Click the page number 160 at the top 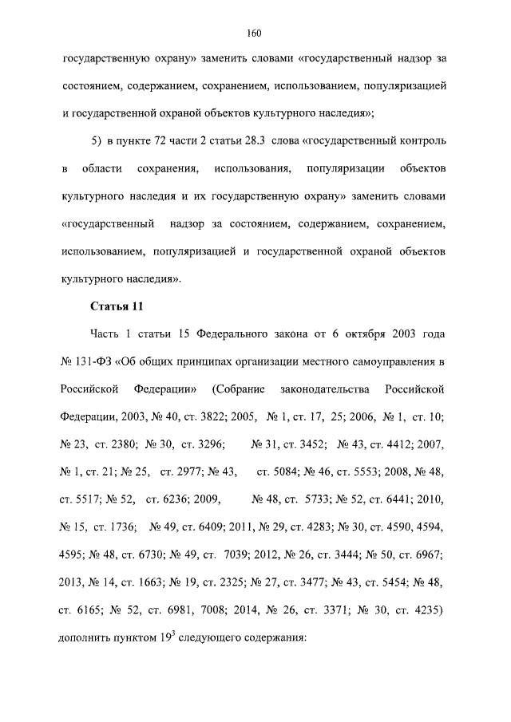[x=255, y=33]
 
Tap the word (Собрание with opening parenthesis [x=236, y=389]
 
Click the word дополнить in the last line [x=85, y=639]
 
